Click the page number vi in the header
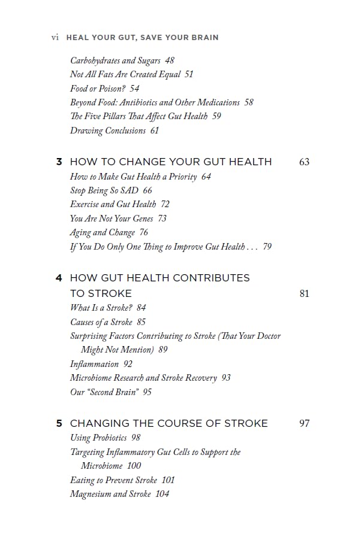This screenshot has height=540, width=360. pyautogui.click(x=55, y=37)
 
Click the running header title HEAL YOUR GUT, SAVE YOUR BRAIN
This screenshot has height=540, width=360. pyautogui.click(x=142, y=37)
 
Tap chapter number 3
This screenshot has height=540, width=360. pyautogui.click(x=59, y=162)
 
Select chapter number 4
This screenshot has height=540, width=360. pyautogui.click(x=59, y=278)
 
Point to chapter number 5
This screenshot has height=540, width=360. pyautogui.click(x=59, y=423)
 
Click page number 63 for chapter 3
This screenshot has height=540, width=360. pyautogui.click(x=304, y=162)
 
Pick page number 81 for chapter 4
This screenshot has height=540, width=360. pyautogui.click(x=304, y=293)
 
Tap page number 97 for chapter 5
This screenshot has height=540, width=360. pyautogui.click(x=304, y=423)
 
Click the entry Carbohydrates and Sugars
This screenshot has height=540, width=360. pyautogui.click(x=116, y=60)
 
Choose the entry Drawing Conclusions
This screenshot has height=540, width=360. pyautogui.click(x=108, y=131)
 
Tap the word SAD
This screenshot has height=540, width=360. pyautogui.click(x=129, y=190)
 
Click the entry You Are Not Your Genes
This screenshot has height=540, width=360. pyautogui.click(x=111, y=219)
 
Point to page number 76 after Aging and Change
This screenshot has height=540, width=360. pyautogui.click(x=144, y=232)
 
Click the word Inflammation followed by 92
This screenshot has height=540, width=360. pyautogui.click(x=95, y=364)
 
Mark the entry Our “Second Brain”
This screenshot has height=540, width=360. pyautogui.click(x=104, y=392)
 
